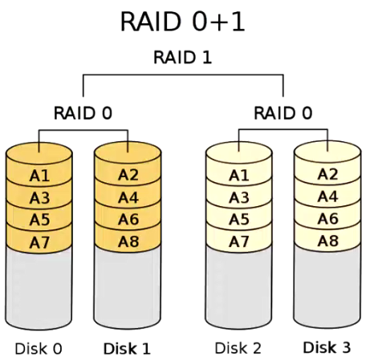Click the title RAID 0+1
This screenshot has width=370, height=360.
182,22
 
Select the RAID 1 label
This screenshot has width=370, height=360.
183,58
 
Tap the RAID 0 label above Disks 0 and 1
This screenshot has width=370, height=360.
83,112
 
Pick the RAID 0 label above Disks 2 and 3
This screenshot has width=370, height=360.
283,112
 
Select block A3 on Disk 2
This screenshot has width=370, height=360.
238,197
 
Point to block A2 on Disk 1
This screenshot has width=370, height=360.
128,175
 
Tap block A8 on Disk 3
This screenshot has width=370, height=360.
327,241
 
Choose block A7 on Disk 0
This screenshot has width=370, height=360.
39,241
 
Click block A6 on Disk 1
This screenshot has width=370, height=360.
128,219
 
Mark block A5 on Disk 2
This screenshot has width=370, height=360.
238,219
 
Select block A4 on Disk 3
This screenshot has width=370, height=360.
327,196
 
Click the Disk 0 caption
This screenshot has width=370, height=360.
39,349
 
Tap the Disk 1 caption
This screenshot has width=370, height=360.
127,349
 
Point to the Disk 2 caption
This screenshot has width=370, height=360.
238,348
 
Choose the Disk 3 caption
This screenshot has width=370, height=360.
327,348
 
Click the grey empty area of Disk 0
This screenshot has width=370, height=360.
39,289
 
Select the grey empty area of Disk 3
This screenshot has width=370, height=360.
327,289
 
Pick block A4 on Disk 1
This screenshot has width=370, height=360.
128,197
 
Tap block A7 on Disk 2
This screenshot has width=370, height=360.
238,241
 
